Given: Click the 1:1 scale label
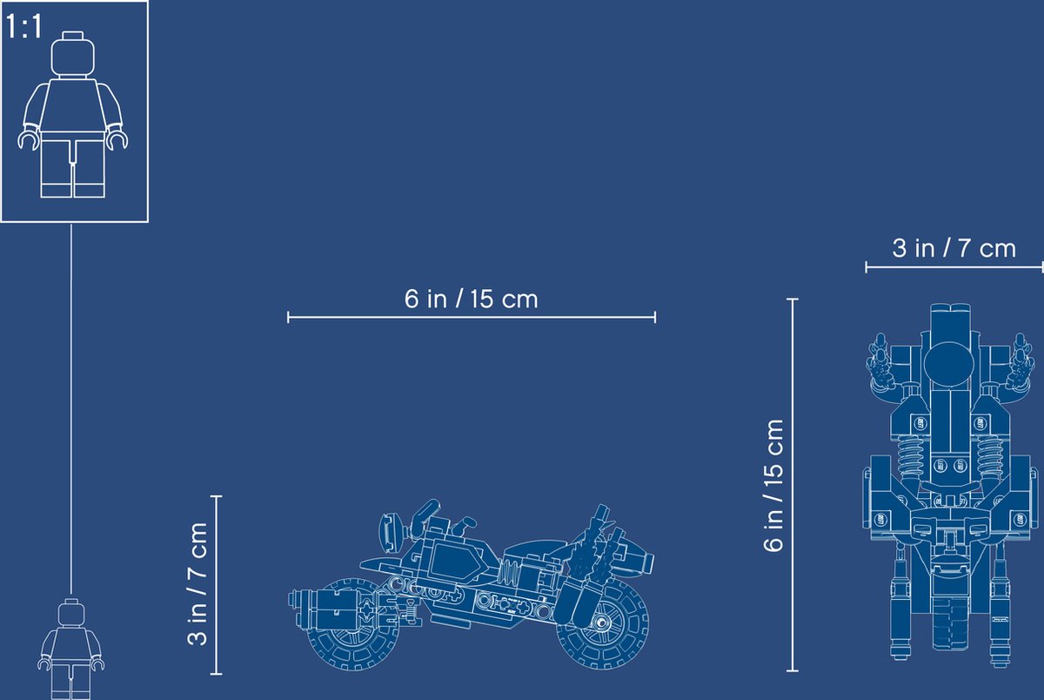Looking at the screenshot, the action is (x=23, y=27).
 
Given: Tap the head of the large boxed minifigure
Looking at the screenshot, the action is (x=73, y=55).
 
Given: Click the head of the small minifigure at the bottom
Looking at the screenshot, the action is (x=70, y=612).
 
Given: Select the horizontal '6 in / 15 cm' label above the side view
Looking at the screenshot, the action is (x=472, y=299).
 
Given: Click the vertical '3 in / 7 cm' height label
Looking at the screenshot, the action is (x=197, y=584).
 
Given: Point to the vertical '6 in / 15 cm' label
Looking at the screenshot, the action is (x=773, y=486).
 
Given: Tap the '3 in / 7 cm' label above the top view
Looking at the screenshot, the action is (x=954, y=248).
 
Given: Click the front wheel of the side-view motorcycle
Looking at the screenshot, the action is (x=602, y=623).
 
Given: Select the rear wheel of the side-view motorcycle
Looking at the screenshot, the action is (x=353, y=624).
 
